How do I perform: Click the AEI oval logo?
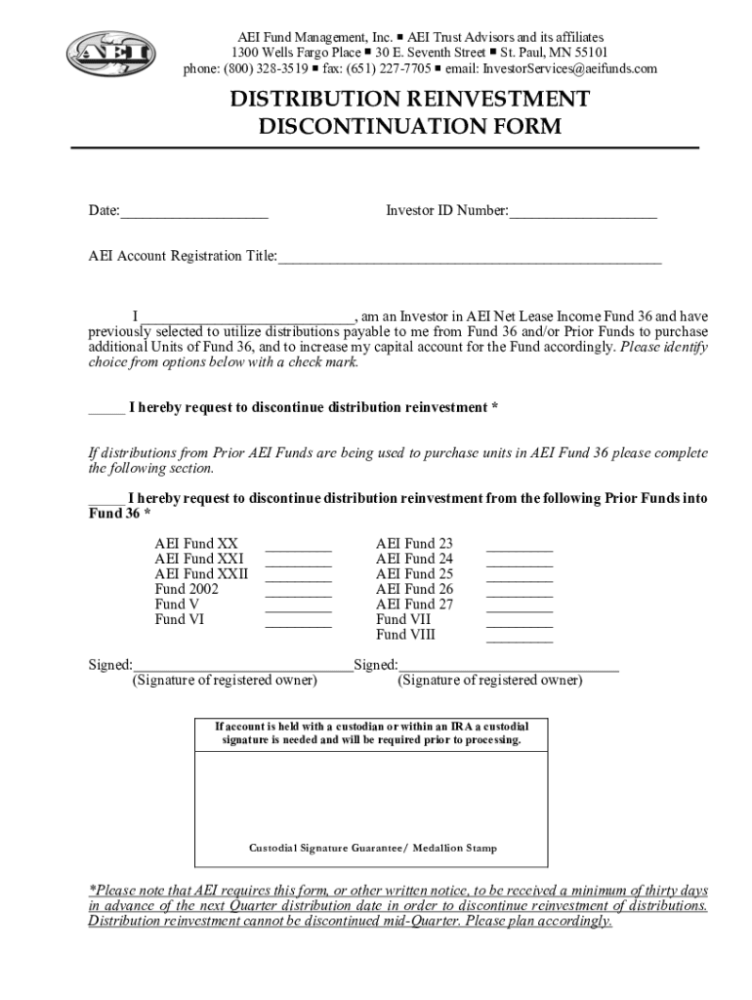pyautogui.click(x=109, y=53)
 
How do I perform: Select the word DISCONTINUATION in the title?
pyautogui.click(x=410, y=127)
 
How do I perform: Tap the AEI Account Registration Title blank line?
pyautogui.click(x=470, y=259)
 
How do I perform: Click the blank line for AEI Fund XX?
pyautogui.click(x=298, y=548)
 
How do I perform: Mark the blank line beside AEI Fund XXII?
pyautogui.click(x=298, y=578)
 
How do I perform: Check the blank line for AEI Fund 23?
pyautogui.click(x=520, y=548)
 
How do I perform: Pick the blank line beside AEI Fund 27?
pyautogui.click(x=520, y=608)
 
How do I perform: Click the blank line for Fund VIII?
pyautogui.click(x=520, y=639)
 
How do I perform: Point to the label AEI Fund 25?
pyautogui.click(x=414, y=574)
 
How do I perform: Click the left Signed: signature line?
pyautogui.click(x=243, y=668)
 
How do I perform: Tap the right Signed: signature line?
pyautogui.click(x=509, y=668)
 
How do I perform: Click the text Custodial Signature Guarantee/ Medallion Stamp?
pyautogui.click(x=373, y=848)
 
